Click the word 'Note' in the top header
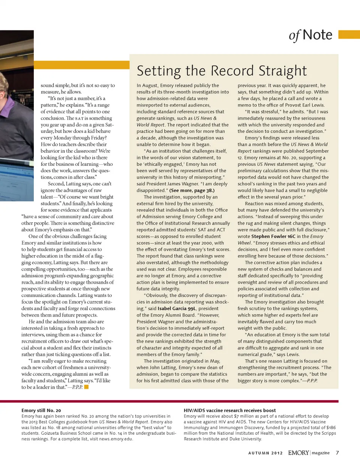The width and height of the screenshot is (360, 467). (317, 35)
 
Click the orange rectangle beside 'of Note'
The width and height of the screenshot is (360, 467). (349, 35)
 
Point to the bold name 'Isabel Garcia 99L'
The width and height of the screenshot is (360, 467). (177, 309)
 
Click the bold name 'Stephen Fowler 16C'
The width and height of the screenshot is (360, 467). (273, 236)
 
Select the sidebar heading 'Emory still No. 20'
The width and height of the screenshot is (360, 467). (41, 410)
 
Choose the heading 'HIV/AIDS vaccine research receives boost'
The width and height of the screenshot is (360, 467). (229, 410)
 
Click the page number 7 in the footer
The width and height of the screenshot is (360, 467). (337, 453)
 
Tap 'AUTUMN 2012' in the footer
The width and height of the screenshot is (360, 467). (265, 453)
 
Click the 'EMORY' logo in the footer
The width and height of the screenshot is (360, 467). (298, 453)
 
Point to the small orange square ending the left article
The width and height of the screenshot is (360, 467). (86, 387)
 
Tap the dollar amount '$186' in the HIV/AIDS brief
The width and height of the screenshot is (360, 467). (331, 428)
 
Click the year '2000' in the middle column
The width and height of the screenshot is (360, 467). (207, 243)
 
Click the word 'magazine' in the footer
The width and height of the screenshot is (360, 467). (321, 453)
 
